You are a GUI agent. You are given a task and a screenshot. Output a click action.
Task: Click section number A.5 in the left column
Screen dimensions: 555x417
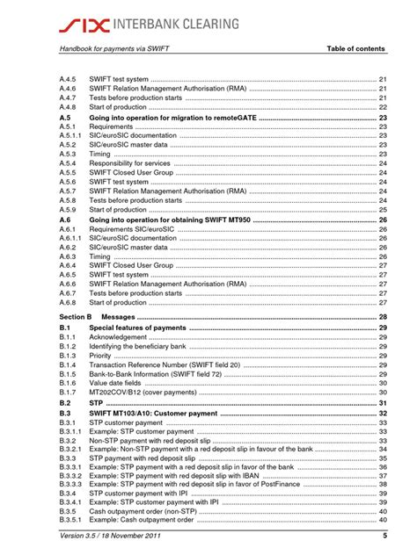point(65,118)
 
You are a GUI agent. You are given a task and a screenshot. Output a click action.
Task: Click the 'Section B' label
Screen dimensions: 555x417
point(76,316)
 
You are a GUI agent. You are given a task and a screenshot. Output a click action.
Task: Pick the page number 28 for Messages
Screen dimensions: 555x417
point(383,316)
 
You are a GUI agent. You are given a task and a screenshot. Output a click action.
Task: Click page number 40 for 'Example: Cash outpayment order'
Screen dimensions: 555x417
point(383,519)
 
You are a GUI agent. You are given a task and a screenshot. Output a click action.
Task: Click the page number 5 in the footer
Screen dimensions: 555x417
point(384,537)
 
